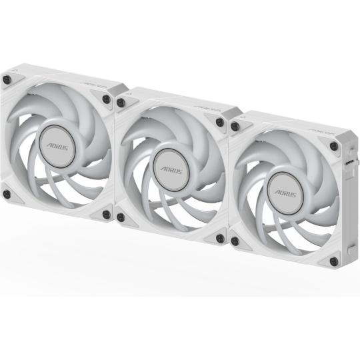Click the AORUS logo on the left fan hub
[57, 147]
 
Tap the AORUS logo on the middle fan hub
[171, 171]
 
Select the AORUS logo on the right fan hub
[285, 193]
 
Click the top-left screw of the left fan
[7, 79]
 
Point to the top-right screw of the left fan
[107, 99]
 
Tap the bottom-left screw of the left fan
[7, 194]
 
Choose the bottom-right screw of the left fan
[107, 215]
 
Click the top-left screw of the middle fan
[121, 103]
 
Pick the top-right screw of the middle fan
[220, 122]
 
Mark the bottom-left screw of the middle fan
[121, 217]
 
